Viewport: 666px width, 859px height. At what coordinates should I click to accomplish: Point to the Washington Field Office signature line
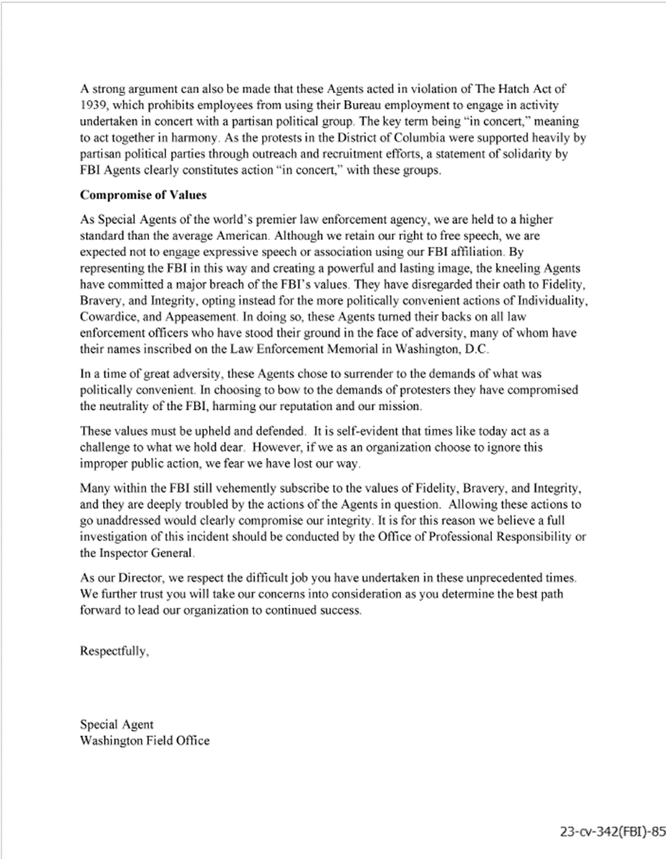coord(145,740)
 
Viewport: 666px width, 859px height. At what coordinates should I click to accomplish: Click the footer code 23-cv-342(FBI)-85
coord(613,832)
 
